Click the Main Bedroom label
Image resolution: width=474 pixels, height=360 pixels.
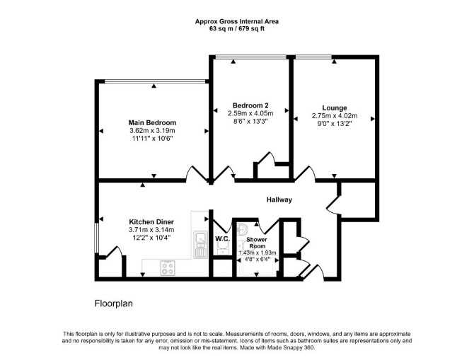[152, 123]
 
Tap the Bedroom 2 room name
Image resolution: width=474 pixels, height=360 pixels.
[250, 105]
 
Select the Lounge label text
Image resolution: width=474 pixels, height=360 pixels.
[335, 108]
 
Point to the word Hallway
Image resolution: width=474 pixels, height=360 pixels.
[279, 199]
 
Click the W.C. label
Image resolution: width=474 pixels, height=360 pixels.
[222, 239]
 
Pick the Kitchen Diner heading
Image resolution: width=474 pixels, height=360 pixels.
[151, 222]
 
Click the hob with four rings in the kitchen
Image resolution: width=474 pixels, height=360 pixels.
[168, 268]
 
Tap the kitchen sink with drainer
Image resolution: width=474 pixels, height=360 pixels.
[200, 245]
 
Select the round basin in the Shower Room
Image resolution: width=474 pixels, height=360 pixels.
[242, 230]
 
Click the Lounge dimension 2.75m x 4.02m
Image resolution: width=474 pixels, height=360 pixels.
[335, 116]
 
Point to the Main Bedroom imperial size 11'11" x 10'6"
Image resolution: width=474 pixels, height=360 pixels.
[152, 139]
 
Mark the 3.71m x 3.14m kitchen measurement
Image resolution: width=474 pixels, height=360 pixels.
[151, 230]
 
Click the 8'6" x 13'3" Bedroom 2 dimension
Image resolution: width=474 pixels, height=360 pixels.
[250, 121]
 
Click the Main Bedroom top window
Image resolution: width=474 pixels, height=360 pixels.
[155, 81]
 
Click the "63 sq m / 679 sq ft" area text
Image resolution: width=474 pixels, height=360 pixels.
[237, 29]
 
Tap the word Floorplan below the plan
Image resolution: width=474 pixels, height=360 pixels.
[114, 303]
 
